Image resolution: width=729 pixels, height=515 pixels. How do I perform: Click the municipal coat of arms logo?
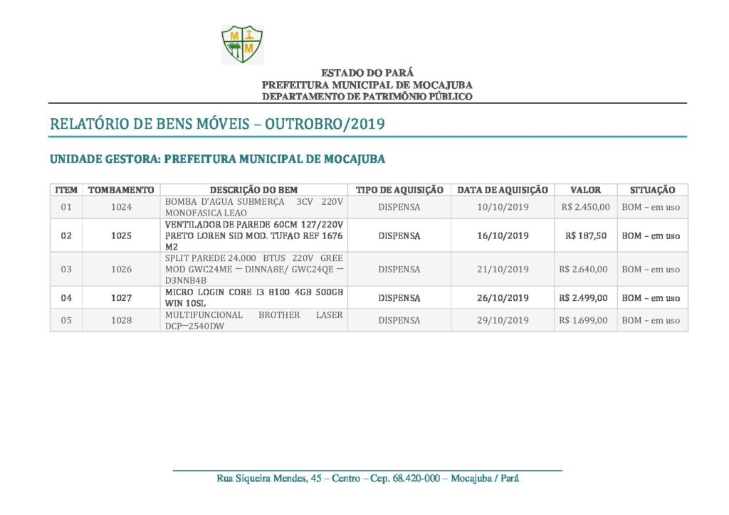[242, 44]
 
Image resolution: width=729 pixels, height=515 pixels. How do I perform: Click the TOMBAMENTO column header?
[121, 190]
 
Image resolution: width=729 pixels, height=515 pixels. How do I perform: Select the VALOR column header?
[585, 190]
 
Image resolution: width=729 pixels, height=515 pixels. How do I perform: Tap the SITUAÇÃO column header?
[652, 190]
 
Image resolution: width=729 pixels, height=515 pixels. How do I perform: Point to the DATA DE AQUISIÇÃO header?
[503, 190]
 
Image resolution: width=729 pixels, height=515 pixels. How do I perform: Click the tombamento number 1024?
[122, 207]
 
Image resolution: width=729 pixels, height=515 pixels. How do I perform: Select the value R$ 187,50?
[586, 235]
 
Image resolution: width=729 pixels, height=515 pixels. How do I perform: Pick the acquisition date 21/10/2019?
[503, 269]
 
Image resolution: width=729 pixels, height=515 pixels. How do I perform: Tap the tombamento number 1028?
[122, 320]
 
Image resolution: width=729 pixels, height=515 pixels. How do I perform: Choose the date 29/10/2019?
[503, 320]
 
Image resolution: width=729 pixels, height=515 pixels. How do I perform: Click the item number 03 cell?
[66, 269]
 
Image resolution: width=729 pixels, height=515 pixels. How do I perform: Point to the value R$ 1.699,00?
[584, 320]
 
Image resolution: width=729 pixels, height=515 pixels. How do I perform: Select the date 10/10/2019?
[503, 207]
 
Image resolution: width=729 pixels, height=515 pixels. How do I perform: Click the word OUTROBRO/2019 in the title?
[325, 124]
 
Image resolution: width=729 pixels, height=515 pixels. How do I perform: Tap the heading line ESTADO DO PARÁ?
[367, 73]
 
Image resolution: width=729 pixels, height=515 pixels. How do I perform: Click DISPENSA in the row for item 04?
[399, 298]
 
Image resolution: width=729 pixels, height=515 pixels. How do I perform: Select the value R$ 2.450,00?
[584, 207]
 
